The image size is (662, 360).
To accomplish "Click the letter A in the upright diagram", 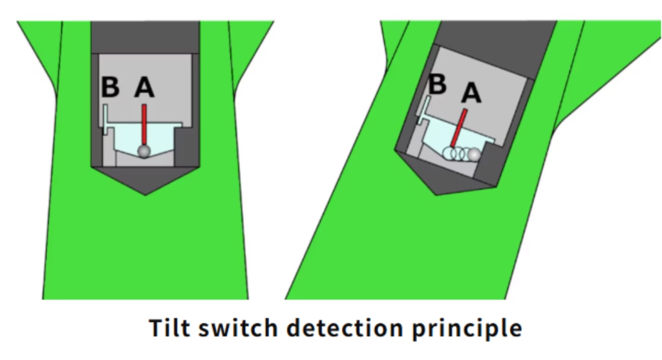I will [145, 88].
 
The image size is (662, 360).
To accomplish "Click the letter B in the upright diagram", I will [111, 87].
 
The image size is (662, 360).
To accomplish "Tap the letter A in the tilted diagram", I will [471, 94].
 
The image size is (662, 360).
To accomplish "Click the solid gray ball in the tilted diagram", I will [475, 155].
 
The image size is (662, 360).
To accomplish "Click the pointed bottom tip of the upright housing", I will [145, 193].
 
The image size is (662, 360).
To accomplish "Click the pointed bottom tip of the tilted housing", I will [434, 193].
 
